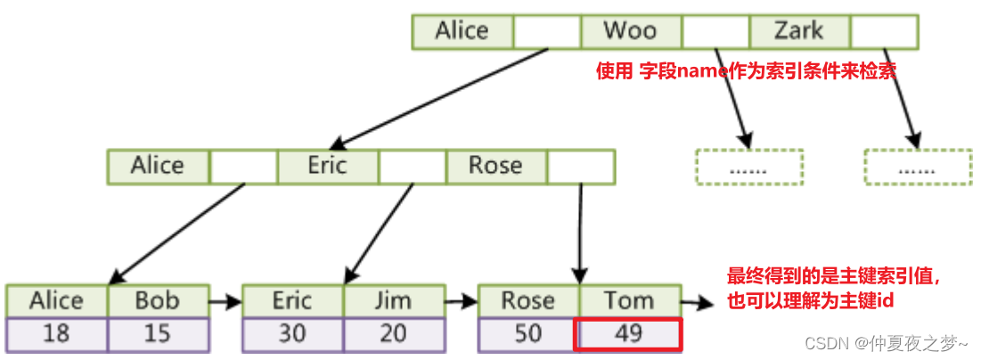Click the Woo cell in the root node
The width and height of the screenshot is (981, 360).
(x=631, y=31)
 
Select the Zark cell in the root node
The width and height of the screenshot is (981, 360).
(x=799, y=31)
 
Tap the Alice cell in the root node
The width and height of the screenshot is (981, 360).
(x=462, y=31)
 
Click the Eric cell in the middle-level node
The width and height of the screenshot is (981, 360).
(x=327, y=166)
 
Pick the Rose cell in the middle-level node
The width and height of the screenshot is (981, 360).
(x=495, y=166)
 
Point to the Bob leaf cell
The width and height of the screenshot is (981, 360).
(x=158, y=301)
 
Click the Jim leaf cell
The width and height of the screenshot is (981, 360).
(x=394, y=301)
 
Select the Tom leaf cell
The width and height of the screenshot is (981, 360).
(x=630, y=301)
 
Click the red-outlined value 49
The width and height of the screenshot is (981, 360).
(x=630, y=334)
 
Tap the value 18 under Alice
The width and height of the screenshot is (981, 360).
(x=56, y=334)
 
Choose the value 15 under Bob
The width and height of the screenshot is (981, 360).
(x=158, y=334)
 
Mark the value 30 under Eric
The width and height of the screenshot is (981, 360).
(x=292, y=334)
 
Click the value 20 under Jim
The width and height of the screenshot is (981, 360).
(x=394, y=334)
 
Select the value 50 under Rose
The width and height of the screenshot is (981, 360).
(x=528, y=334)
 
